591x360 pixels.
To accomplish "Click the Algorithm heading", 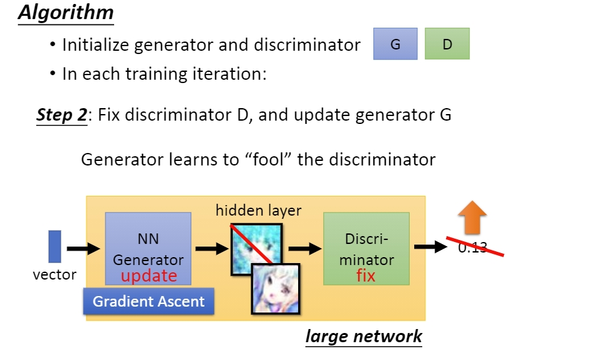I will pos(65,13).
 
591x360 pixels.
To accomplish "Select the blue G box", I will pos(395,44).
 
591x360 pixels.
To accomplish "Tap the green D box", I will pos(447,44).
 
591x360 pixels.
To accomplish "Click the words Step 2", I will pos(61,115).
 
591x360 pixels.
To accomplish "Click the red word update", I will pos(148,276).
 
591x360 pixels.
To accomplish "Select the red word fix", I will pos(365,275).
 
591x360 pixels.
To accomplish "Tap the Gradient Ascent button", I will pos(148,302).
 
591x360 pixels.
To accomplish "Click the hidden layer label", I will pos(258,211).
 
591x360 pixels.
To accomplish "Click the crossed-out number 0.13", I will pos(472,248).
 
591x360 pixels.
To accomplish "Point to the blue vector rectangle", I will pos(55,246).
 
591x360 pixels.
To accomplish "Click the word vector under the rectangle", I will pos(55,274).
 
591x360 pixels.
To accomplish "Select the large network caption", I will pos(363,336).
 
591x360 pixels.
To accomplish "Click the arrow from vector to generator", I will pos(82,249).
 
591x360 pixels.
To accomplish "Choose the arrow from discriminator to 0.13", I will pos(430,247).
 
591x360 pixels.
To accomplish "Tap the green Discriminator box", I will pos(366,249).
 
